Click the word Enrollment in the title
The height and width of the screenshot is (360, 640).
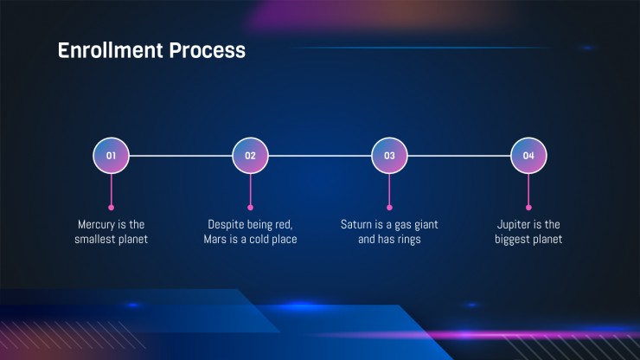coord(110,50)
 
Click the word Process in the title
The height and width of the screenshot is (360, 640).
coord(208,50)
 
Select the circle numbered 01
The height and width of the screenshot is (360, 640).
coord(111,156)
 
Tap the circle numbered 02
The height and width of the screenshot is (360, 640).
coord(250,156)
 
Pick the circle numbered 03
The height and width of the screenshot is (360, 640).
coord(389,156)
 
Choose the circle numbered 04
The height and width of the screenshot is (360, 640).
coord(528,156)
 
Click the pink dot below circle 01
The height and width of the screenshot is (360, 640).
coord(111,208)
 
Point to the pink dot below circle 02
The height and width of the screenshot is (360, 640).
coord(250,208)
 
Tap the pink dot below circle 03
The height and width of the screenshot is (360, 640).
coord(389,208)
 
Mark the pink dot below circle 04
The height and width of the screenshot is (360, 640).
coord(528,208)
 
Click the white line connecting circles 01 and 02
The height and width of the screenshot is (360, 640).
coord(181,156)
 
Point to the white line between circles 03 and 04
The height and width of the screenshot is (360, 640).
coord(458,156)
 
